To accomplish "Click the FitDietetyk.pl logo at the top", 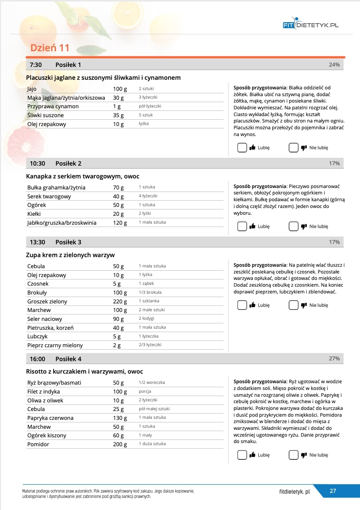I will [310, 24].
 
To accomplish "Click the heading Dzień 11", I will [50, 48].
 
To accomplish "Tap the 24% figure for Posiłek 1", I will [334, 65].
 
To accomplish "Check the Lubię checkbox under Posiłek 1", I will [242, 147].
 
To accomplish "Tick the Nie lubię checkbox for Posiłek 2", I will [293, 226].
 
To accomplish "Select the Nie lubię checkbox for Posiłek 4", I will [293, 455].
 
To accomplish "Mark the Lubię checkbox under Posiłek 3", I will [242, 305].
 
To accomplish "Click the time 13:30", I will [37, 242].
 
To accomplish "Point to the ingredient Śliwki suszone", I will [46, 115].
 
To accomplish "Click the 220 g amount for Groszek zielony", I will [120, 301].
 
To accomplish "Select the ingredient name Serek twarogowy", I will [49, 196].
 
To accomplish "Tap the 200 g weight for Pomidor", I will [120, 444].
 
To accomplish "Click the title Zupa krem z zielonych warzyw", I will [70, 255].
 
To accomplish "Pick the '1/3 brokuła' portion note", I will [150, 292].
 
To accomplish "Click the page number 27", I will [333, 491].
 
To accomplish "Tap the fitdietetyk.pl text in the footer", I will [294, 491].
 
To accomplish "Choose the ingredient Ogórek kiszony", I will [47, 435].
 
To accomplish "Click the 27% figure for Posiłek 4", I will [334, 359].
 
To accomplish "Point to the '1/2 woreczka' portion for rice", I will [152, 382].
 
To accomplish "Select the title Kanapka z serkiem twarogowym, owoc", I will [82, 176].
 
